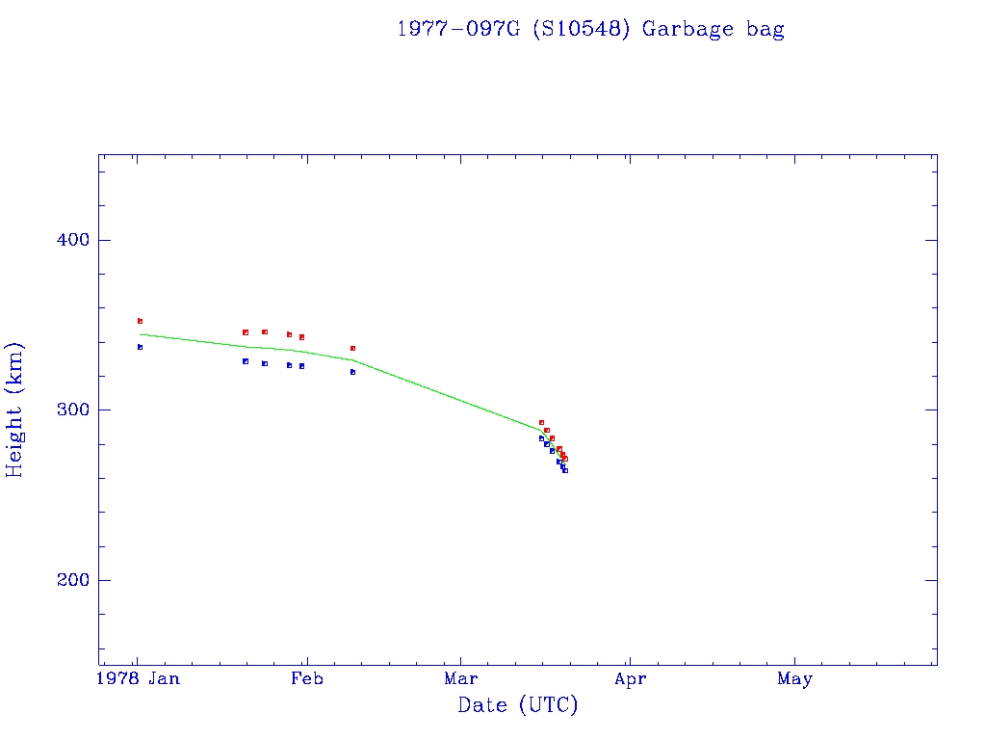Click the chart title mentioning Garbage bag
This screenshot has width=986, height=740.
click(x=590, y=29)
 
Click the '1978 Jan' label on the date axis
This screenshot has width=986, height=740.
click(x=140, y=679)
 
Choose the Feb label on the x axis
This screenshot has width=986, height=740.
click(x=307, y=679)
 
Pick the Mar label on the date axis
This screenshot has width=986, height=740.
click(x=460, y=679)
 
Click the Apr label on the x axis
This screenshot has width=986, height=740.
click(x=630, y=679)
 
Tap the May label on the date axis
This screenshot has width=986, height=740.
click(x=794, y=679)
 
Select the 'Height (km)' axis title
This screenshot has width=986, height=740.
click(x=15, y=410)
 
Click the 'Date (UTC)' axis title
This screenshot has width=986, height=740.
click(x=518, y=706)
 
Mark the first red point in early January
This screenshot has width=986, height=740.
click(x=140, y=321)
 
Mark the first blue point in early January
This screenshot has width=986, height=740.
click(x=140, y=347)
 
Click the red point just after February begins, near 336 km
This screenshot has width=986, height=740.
click(x=352, y=348)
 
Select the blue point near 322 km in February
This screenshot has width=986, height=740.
click(x=352, y=372)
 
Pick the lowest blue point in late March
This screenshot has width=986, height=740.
click(x=565, y=470)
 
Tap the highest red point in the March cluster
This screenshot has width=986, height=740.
click(x=541, y=422)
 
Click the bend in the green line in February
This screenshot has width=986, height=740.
click(x=353, y=359)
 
